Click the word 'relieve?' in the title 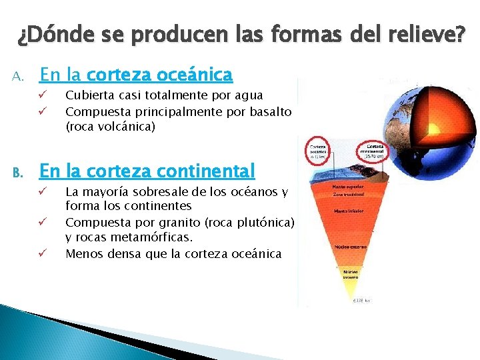click(x=429, y=34)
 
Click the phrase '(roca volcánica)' click(x=110, y=127)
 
